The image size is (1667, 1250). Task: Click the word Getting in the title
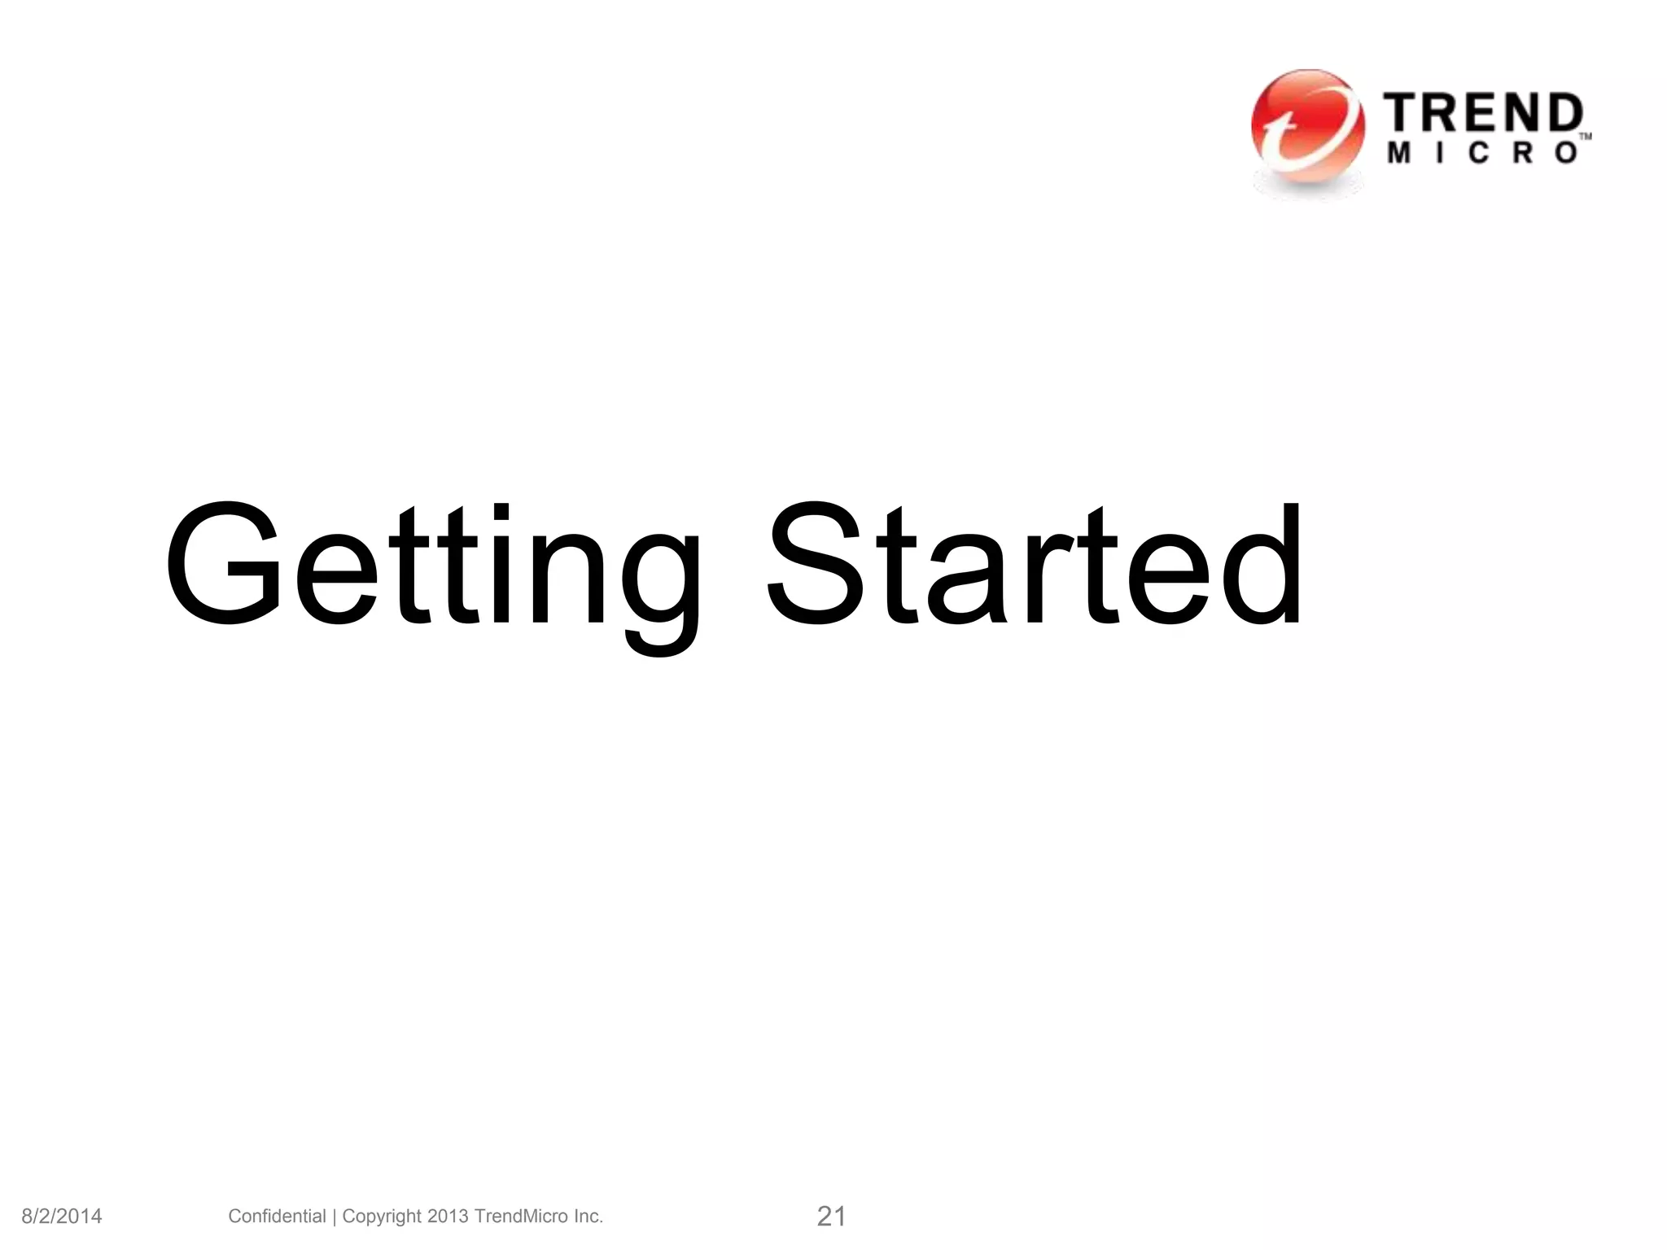[431, 570]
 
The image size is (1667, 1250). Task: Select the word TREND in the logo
[1483, 114]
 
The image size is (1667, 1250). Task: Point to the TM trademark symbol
[1586, 137]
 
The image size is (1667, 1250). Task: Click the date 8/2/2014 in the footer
[62, 1217]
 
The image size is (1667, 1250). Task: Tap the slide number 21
[831, 1217]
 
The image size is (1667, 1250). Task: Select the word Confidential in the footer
[277, 1216]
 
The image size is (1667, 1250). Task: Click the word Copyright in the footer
[382, 1217]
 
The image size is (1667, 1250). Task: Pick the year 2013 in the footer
[448, 1216]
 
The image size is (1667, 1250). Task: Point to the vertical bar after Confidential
[335, 1217]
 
